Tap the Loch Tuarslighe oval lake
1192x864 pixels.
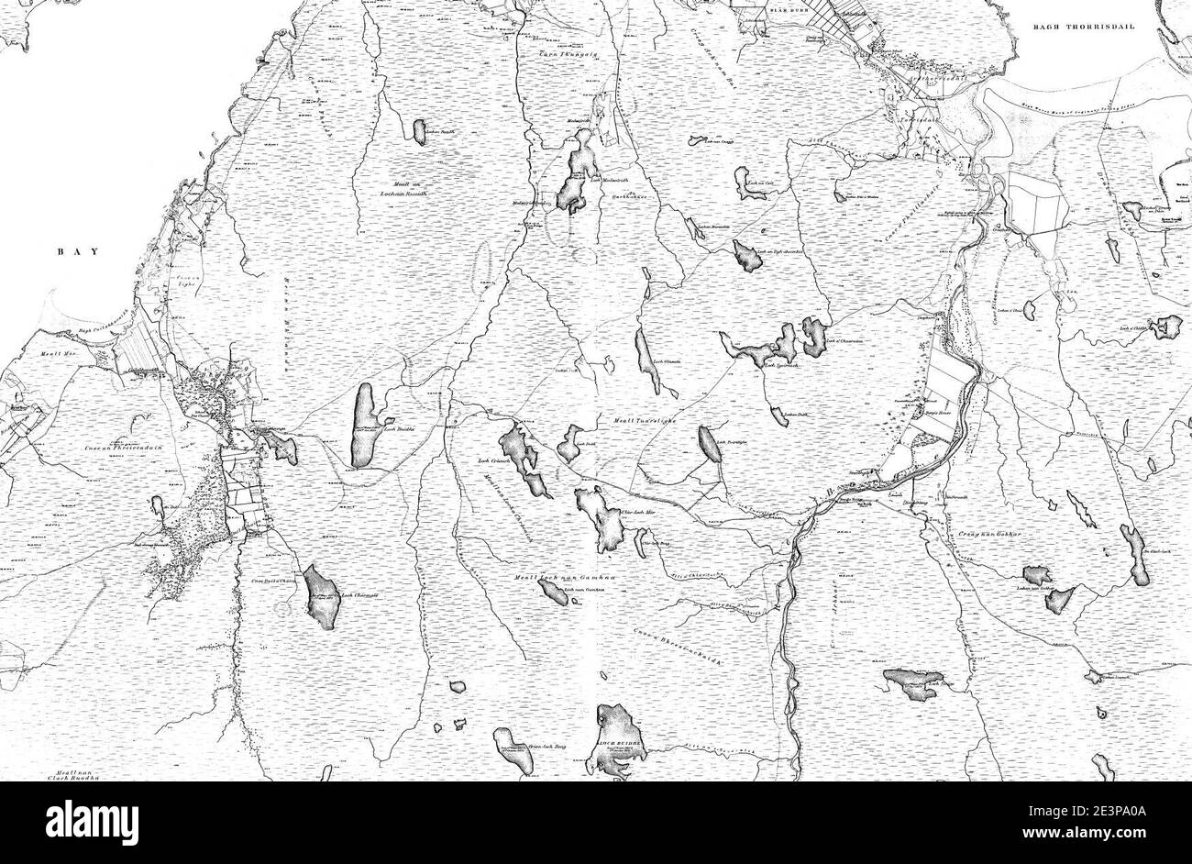click(x=708, y=445)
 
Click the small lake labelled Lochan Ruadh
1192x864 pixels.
click(x=421, y=132)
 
